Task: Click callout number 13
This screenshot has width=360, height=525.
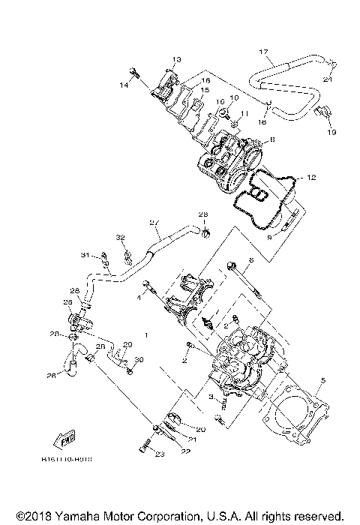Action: coord(178,59)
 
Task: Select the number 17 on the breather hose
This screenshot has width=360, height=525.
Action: coord(263,52)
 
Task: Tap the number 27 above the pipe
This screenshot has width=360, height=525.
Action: coord(154,222)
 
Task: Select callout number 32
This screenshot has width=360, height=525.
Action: coord(120,237)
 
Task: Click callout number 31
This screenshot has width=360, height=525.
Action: coord(85,255)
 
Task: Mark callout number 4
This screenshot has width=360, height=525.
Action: coord(139,298)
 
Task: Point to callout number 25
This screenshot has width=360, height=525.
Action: coord(67,301)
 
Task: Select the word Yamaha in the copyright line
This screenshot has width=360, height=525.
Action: coord(74,516)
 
